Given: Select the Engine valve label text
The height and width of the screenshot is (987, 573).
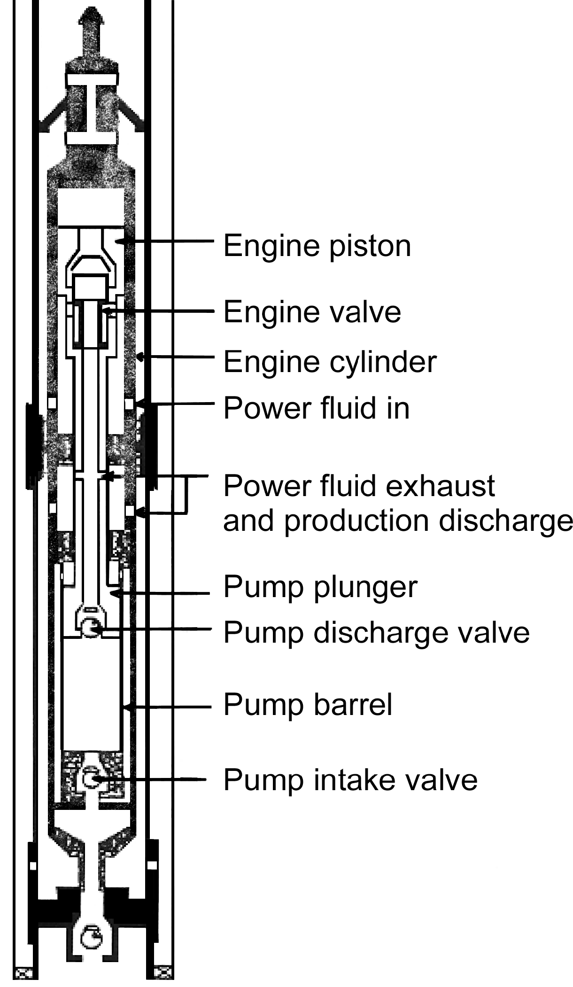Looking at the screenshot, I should point(312,311).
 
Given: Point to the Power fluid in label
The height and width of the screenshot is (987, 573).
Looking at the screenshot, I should point(316,407).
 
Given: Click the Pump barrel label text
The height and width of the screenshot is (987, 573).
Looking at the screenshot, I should point(308,705).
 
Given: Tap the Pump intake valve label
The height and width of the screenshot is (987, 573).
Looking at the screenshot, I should point(350,780).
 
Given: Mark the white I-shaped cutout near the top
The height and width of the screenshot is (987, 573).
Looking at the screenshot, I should point(92,109).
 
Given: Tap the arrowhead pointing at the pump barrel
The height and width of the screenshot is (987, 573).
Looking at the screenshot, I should point(125,706).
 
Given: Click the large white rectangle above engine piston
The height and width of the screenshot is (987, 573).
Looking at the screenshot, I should point(91,207).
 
